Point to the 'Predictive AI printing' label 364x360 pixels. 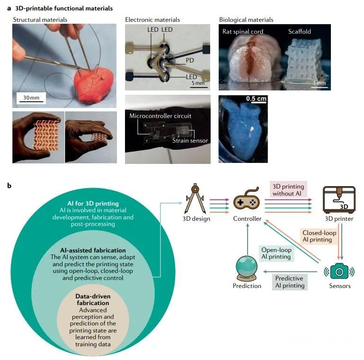click(x=290, y=282)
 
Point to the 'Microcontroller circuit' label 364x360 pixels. click(x=156, y=116)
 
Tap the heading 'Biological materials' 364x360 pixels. click(x=246, y=20)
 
